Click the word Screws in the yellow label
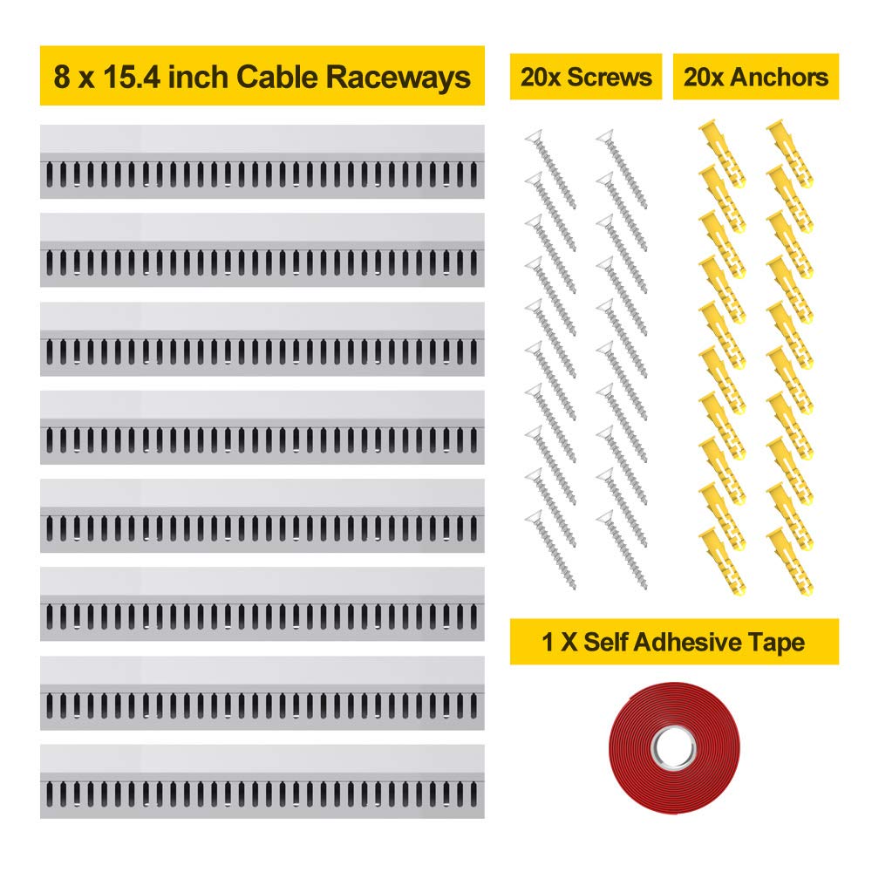coord(610,77)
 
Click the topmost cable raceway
coord(262,161)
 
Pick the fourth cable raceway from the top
coord(262,426)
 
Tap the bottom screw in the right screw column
coord(623,547)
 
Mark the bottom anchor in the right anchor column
coord(791,561)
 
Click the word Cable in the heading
coord(283,77)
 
